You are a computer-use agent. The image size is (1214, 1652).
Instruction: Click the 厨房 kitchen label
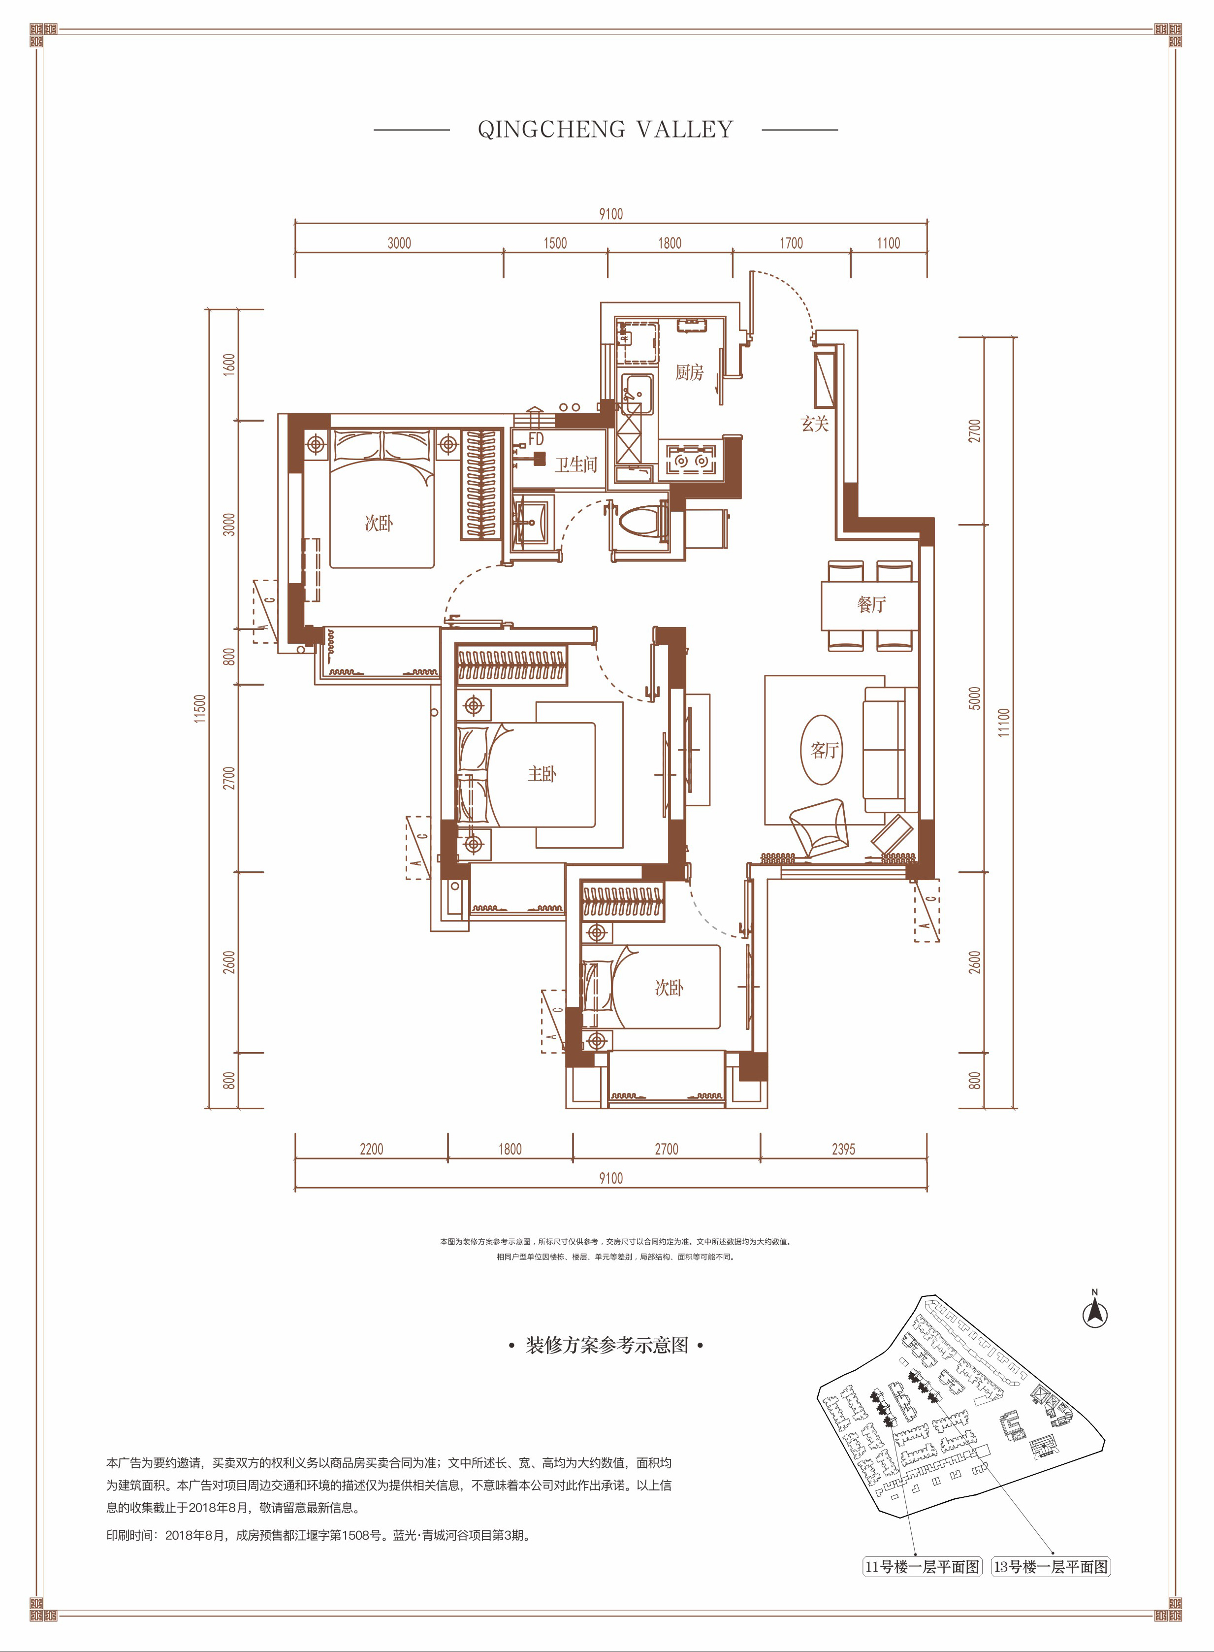(x=689, y=373)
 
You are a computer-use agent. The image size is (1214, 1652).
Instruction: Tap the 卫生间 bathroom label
(x=575, y=464)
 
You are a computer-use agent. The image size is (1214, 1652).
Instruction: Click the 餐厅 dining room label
(x=871, y=604)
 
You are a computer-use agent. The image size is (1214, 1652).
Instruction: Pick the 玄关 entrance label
(x=814, y=424)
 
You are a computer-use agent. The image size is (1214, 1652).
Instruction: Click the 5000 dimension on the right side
(x=974, y=698)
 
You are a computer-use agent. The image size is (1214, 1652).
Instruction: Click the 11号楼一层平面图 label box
(x=922, y=1567)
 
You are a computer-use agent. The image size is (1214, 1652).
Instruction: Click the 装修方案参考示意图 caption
(x=607, y=1346)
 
